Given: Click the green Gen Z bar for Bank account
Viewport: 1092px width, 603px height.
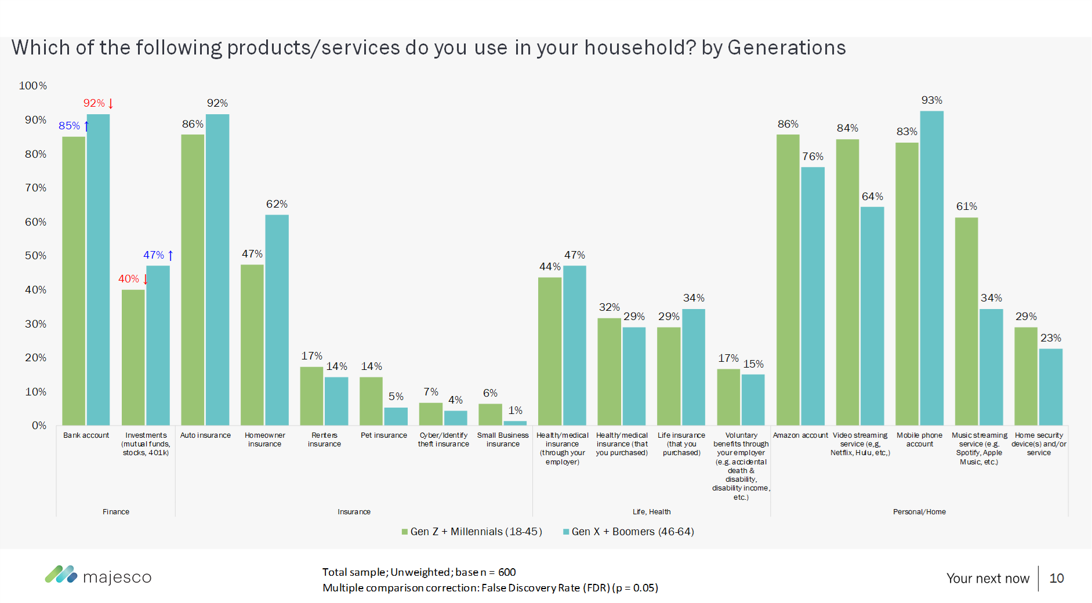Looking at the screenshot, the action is [x=74, y=281].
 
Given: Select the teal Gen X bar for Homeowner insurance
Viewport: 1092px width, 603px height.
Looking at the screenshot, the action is [x=277, y=320].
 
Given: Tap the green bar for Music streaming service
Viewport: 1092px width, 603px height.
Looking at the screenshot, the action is [x=966, y=322].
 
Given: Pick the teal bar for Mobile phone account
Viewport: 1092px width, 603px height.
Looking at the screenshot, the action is [x=931, y=268].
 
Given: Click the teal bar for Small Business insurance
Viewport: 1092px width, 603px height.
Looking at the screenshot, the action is [x=515, y=423].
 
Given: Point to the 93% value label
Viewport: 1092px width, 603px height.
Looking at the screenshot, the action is [x=931, y=100].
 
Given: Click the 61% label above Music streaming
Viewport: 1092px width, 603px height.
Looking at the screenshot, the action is [x=966, y=206].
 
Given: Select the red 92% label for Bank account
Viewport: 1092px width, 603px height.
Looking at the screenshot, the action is [x=94, y=103].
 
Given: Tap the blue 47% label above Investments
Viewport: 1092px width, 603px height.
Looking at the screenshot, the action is [x=154, y=255].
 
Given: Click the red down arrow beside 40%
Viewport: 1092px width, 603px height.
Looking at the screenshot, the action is [x=146, y=279].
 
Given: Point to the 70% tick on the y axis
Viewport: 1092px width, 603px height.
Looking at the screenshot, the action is [x=35, y=188].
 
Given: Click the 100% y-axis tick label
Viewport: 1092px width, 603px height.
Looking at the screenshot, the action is [x=33, y=86].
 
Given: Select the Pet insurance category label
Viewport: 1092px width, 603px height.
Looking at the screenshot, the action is [x=384, y=435].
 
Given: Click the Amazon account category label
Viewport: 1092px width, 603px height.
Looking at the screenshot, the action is [x=800, y=435].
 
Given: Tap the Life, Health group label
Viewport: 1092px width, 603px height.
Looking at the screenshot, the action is [x=651, y=512].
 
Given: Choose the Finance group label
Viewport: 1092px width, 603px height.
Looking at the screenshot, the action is [x=116, y=512].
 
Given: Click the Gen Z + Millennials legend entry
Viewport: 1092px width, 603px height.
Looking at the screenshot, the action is [x=472, y=532].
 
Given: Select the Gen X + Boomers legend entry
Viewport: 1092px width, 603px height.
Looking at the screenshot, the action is [x=629, y=532].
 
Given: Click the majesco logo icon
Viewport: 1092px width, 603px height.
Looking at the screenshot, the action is [x=61, y=575].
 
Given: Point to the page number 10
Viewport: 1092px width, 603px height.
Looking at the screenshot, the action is [x=1057, y=578].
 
